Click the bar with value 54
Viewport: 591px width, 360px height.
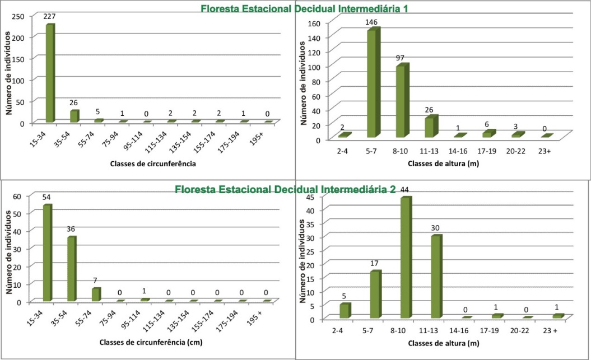(47, 253)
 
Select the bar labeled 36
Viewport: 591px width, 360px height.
(72, 269)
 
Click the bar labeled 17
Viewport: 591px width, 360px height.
(375, 294)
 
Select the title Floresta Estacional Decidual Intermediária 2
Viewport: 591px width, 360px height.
(285, 189)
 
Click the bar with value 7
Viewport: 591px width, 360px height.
(96, 294)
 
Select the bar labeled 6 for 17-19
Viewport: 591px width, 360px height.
(488, 134)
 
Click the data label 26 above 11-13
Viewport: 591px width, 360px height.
(430, 110)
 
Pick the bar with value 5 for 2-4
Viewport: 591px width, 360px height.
(345, 311)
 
